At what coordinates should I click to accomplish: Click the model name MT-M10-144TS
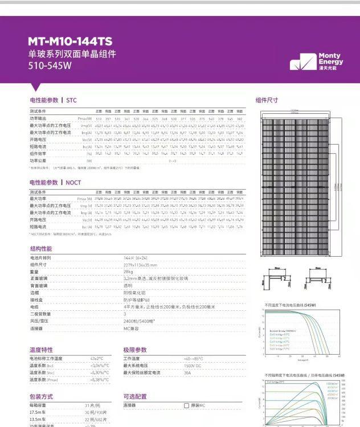coord(70,42)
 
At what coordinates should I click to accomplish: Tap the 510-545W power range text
coord(50,65)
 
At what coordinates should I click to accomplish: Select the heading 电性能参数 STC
coord(53,100)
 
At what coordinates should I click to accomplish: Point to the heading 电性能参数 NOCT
coord(55,183)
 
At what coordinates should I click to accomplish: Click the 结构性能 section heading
coord(40,249)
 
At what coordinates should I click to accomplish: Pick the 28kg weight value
coord(128,272)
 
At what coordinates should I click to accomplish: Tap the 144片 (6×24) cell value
coord(136,258)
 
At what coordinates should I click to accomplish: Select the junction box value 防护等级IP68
coord(137,300)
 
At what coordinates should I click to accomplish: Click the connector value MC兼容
coord(131,329)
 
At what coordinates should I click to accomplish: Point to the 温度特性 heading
coord(41,350)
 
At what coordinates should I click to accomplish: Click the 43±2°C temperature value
coord(97,359)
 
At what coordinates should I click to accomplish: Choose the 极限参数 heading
coord(135,350)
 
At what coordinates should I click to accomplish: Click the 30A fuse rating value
coord(187,372)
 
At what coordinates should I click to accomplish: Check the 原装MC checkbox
coord(186,405)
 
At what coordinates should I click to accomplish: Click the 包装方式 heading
coord(41,396)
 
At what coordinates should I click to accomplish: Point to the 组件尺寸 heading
coord(267,100)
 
